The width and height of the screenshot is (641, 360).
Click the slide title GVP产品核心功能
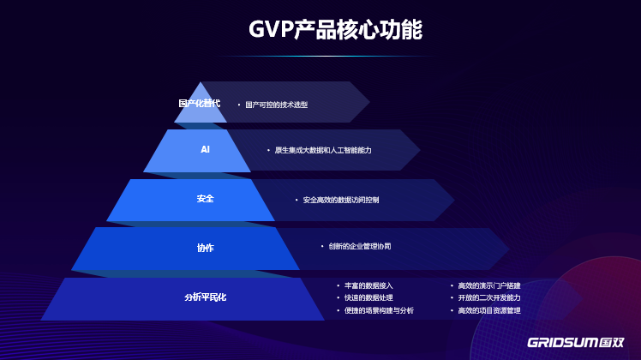click(x=335, y=30)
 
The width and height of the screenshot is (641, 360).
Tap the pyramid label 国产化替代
click(x=199, y=103)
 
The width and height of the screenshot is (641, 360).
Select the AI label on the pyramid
click(x=206, y=149)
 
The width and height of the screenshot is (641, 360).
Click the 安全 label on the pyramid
click(x=206, y=199)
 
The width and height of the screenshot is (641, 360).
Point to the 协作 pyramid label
click(x=206, y=248)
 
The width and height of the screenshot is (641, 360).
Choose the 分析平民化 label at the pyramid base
click(x=206, y=297)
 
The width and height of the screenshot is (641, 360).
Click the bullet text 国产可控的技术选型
click(x=276, y=105)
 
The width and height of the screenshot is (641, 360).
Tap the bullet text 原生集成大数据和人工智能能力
click(x=323, y=150)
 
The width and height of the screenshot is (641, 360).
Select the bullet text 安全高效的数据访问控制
click(x=341, y=200)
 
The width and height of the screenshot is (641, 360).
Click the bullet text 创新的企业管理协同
click(x=360, y=246)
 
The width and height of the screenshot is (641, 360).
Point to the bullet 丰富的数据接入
click(x=368, y=285)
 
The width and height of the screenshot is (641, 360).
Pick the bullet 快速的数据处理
click(x=368, y=297)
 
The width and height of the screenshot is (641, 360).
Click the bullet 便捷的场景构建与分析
click(x=379, y=310)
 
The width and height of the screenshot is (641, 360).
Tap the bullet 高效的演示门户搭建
click(x=489, y=285)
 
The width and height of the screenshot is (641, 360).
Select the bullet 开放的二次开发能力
click(x=489, y=297)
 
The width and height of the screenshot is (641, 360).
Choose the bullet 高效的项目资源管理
click(x=489, y=310)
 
